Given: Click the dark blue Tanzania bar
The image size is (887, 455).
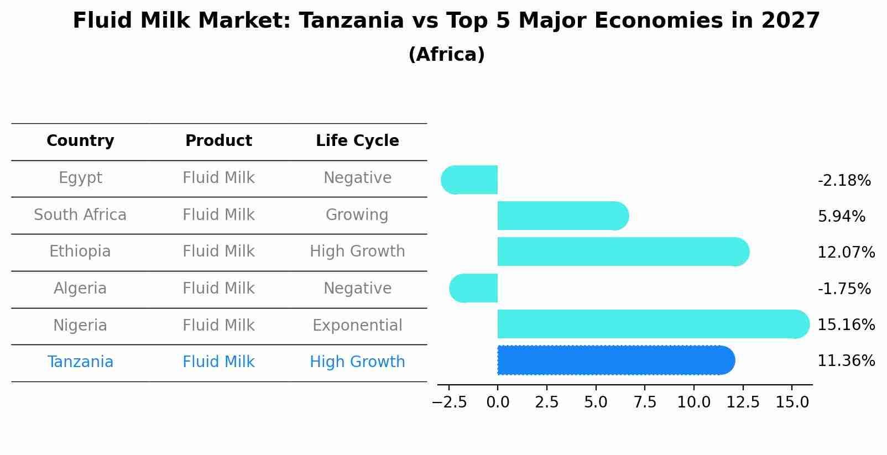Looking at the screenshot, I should pyautogui.click(x=614, y=360).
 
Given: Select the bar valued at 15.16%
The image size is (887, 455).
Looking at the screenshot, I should pyautogui.click(x=653, y=324).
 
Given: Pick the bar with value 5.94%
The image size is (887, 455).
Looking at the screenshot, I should pyautogui.click(x=561, y=216).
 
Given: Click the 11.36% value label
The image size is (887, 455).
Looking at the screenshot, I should pyautogui.click(x=846, y=361).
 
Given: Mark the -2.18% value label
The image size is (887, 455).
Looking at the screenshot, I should pyautogui.click(x=844, y=181).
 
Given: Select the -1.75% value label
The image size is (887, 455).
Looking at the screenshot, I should pyautogui.click(x=844, y=289).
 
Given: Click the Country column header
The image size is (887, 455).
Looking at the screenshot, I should pyautogui.click(x=80, y=141).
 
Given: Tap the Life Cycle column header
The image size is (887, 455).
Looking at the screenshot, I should pyautogui.click(x=357, y=141).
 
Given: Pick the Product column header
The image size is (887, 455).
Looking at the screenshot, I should pyautogui.click(x=218, y=141).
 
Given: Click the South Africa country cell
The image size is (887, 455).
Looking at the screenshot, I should pyautogui.click(x=80, y=215).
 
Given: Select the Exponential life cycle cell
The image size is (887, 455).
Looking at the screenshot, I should pyautogui.click(x=357, y=326).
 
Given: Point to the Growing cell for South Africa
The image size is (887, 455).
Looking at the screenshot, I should pyautogui.click(x=357, y=215).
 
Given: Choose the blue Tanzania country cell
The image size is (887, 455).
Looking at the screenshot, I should pyautogui.click(x=80, y=362).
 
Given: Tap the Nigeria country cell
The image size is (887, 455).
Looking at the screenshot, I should pyautogui.click(x=80, y=326).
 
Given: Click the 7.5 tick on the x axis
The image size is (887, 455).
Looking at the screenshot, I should pyautogui.click(x=645, y=402).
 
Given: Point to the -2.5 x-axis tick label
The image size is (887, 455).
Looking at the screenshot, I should pyautogui.click(x=449, y=402).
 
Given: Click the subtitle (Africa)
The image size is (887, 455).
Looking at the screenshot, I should pyautogui.click(x=446, y=55).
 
